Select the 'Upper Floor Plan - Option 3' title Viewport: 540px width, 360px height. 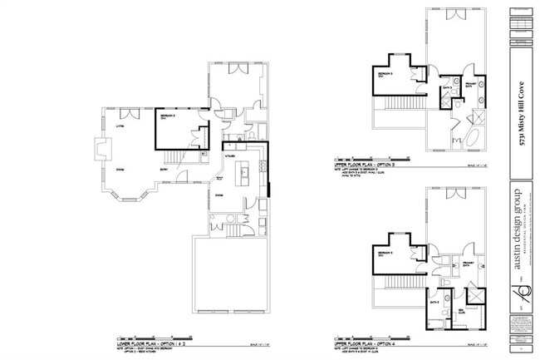point(364,165)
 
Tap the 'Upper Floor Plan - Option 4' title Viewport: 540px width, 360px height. point(364,341)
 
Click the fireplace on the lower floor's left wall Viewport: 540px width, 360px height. point(99,150)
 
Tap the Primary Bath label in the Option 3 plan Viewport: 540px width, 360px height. point(469,85)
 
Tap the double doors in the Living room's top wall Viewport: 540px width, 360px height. point(125,112)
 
